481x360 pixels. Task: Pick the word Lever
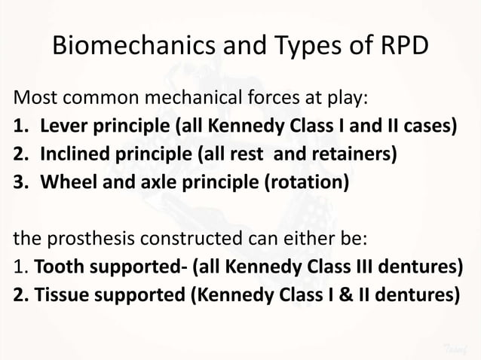(x=63, y=125)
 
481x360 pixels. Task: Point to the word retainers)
(x=358, y=154)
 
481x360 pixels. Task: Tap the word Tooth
(x=56, y=267)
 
